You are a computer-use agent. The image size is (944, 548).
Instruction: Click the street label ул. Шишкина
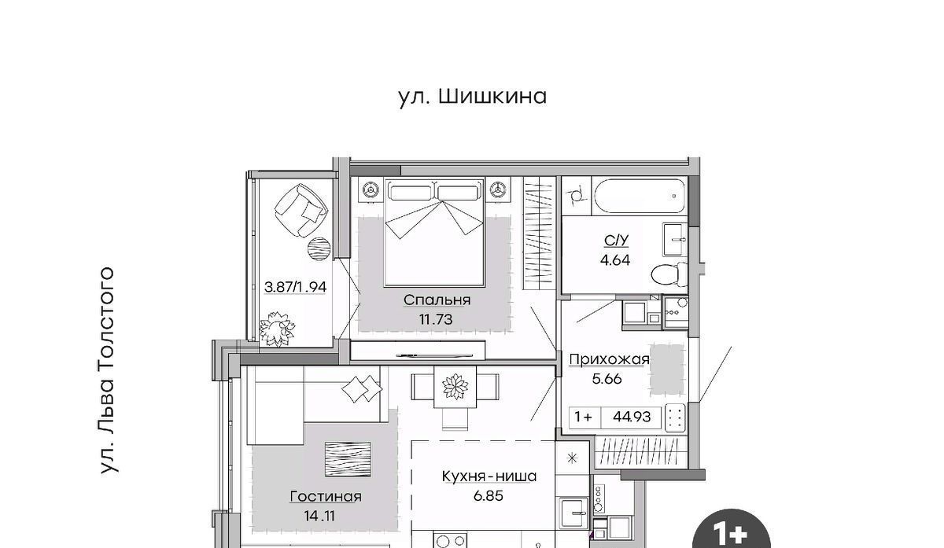tap(473, 97)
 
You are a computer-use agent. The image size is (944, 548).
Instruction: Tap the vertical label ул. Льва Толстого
tap(108, 370)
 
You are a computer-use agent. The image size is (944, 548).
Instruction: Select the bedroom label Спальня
tap(437, 300)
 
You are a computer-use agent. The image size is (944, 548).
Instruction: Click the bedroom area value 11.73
tap(436, 319)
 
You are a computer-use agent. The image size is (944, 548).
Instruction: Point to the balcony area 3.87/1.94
tap(295, 287)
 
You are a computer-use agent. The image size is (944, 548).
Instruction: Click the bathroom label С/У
tap(616, 241)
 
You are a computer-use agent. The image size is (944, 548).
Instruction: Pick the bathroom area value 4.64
tap(615, 260)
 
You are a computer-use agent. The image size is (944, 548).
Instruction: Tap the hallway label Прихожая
tap(609, 359)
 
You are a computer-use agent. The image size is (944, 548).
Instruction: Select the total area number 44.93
tap(632, 417)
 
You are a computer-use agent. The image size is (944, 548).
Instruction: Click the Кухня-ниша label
tap(489, 476)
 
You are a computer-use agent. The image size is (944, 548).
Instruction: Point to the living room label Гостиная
tap(326, 497)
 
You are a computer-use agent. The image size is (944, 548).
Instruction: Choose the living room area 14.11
tap(319, 516)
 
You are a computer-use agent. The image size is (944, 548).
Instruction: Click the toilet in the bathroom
tap(669, 274)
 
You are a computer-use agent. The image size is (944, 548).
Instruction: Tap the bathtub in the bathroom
tap(640, 197)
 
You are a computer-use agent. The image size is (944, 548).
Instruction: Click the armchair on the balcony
tap(301, 210)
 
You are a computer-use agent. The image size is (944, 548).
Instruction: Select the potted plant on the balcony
tap(277, 329)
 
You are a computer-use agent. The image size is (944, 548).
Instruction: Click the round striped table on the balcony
tap(319, 249)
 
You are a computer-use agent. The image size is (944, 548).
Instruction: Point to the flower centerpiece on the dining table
tap(455, 386)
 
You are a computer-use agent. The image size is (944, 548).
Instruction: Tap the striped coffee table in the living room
tap(348, 459)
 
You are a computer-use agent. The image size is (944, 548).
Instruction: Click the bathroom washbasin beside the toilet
tap(675, 240)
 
